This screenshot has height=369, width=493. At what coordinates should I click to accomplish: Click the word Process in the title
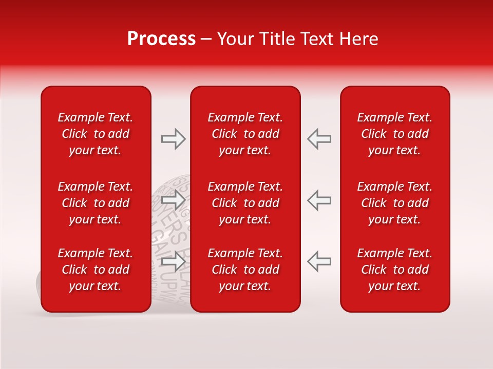pyautogui.click(x=161, y=39)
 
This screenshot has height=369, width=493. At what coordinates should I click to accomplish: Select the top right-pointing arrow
pyautogui.click(x=174, y=139)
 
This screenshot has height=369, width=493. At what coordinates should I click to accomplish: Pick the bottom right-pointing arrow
pyautogui.click(x=174, y=261)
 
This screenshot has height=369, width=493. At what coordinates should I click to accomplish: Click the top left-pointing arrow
pyautogui.click(x=319, y=139)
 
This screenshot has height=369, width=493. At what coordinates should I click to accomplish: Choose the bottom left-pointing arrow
pyautogui.click(x=319, y=261)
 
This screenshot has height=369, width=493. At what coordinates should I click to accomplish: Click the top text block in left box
pyautogui.click(x=96, y=134)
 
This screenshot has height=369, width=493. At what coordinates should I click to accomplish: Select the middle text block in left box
pyautogui.click(x=96, y=203)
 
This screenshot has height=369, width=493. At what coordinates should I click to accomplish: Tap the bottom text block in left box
pyautogui.click(x=96, y=270)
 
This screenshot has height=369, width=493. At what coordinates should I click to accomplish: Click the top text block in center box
pyautogui.click(x=245, y=134)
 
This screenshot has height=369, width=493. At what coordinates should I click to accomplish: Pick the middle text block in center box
pyautogui.click(x=245, y=203)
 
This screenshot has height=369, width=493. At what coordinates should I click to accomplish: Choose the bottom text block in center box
pyautogui.click(x=245, y=270)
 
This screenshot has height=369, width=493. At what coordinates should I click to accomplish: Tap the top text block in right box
pyautogui.click(x=395, y=134)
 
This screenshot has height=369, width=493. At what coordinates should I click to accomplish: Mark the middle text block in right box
pyautogui.click(x=395, y=203)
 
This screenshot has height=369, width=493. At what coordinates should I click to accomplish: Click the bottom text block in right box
pyautogui.click(x=395, y=270)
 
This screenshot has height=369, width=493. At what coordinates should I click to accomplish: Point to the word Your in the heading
pyautogui.click(x=234, y=39)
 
